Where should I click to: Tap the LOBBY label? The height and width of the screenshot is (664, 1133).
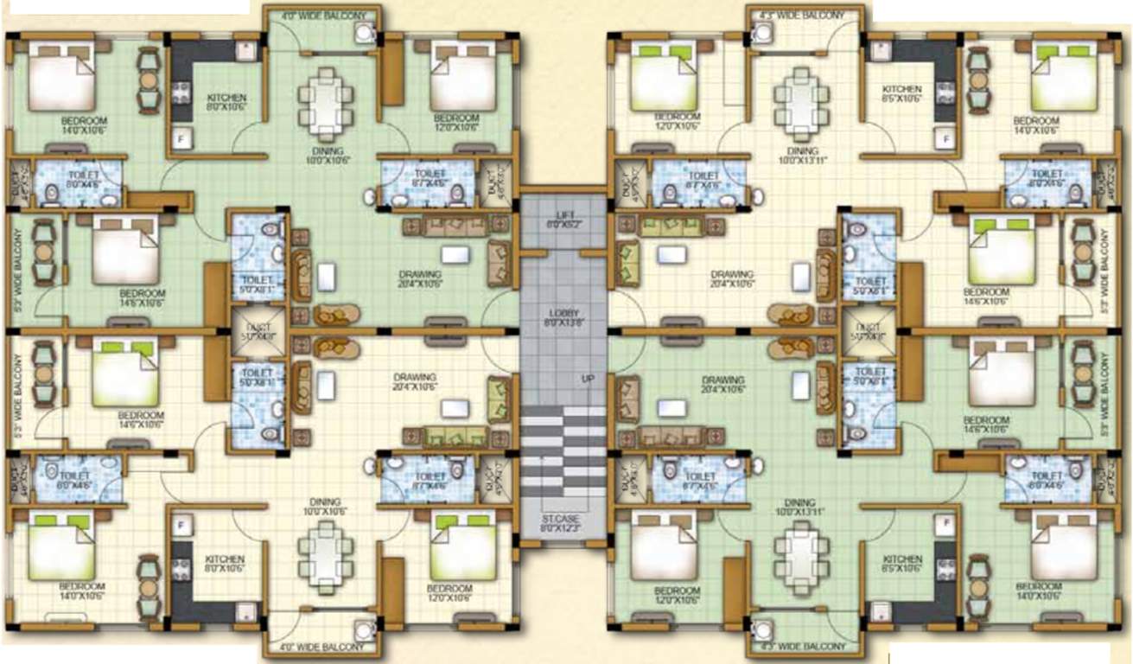click(x=563, y=313)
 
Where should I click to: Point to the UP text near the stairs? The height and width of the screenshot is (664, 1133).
click(x=588, y=379)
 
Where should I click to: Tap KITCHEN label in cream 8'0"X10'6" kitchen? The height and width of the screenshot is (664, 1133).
click(x=224, y=559)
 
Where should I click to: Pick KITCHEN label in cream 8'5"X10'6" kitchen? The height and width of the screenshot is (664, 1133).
click(x=901, y=89)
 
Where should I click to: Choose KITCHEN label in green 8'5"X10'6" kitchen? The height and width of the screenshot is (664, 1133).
click(x=901, y=559)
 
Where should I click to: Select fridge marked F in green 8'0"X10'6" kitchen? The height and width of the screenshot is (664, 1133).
click(x=181, y=137)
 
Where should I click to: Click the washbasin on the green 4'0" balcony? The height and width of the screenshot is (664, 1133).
click(x=364, y=34)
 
